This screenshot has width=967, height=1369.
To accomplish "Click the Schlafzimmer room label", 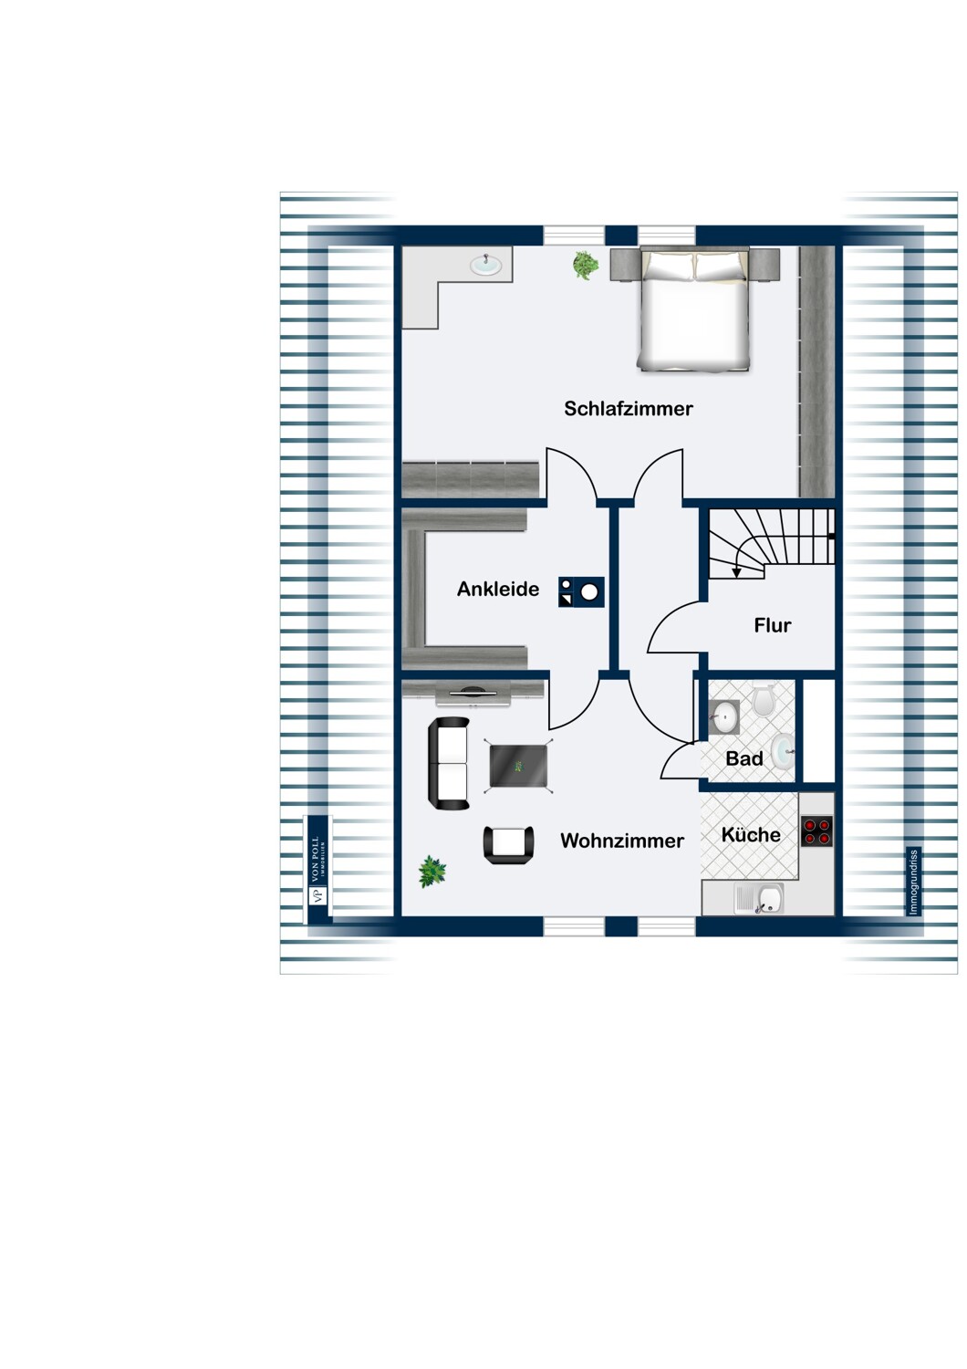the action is coord(628,408).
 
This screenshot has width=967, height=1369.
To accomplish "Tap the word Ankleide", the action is coord(498,589).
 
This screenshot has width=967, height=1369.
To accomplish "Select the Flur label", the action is coord(772,624).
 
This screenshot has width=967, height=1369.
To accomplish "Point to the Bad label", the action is coord(744,758).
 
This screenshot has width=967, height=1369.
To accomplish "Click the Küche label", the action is coord(751,834).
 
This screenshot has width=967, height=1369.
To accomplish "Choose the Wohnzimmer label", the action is coord(622,841).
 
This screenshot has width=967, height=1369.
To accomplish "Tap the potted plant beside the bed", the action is coord(585,266).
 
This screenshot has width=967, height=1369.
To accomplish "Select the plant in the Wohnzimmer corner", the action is coord(432,872).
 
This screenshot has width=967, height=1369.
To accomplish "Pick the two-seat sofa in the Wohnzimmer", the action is coord(448,763).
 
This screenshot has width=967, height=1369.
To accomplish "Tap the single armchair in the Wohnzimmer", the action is coord(508,844).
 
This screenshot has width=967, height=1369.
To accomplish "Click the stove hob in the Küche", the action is coord(816,831).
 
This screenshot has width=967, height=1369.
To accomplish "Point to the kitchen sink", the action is coord(758,899).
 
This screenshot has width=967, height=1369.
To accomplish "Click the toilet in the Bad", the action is coord(764,699).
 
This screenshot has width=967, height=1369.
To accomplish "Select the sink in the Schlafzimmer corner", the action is coord(485,265).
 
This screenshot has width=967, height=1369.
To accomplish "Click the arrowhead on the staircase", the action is coord(736,572).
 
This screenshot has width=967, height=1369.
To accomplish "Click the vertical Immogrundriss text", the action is coord(913,882).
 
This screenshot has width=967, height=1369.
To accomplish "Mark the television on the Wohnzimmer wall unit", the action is coord(473,693).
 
